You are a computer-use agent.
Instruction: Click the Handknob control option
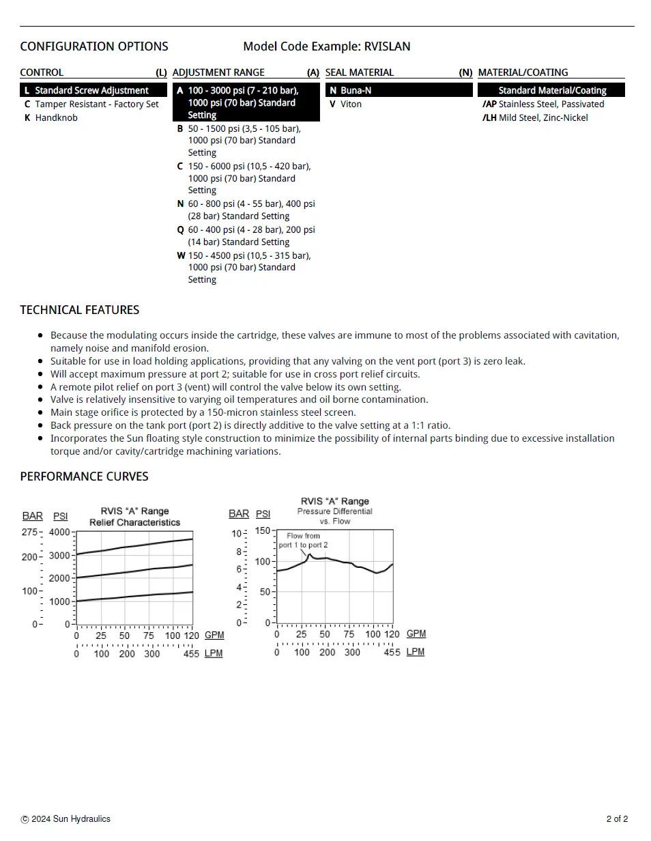pyautogui.click(x=56, y=117)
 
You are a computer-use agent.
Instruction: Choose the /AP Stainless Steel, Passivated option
pyautogui.click(x=543, y=104)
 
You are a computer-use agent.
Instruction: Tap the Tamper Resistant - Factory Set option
pyautogui.click(x=96, y=104)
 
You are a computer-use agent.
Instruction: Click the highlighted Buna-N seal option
pyautogui.click(x=356, y=90)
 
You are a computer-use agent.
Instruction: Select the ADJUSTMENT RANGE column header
pyautogui.click(x=218, y=72)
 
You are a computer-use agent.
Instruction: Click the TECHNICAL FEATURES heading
pyautogui.click(x=79, y=310)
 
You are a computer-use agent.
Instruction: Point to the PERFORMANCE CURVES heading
pyautogui.click(x=84, y=476)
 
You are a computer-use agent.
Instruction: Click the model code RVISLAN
pyautogui.click(x=387, y=46)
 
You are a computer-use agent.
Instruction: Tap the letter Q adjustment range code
pyautogui.click(x=181, y=229)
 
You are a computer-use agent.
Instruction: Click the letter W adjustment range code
pyautogui.click(x=181, y=255)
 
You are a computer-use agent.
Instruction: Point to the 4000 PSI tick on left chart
pyautogui.click(x=60, y=532)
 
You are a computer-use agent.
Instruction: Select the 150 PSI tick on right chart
pyautogui.click(x=263, y=530)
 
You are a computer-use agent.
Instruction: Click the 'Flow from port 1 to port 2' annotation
pyautogui.click(x=303, y=541)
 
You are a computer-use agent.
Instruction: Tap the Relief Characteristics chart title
pyautogui.click(x=134, y=522)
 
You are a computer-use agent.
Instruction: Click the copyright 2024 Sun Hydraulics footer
pyautogui.click(x=66, y=819)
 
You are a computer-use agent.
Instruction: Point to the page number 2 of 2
pyautogui.click(x=617, y=819)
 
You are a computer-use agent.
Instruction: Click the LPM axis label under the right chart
pyautogui.click(x=415, y=652)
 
